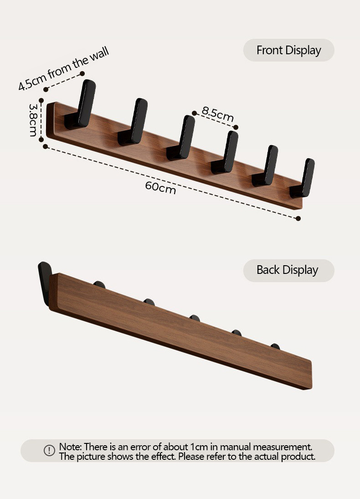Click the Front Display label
point(289,50)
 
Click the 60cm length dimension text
point(160,188)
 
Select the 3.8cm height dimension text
point(33,120)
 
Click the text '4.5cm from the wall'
point(64,68)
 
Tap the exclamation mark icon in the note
point(49,450)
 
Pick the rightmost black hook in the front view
point(303,178)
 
